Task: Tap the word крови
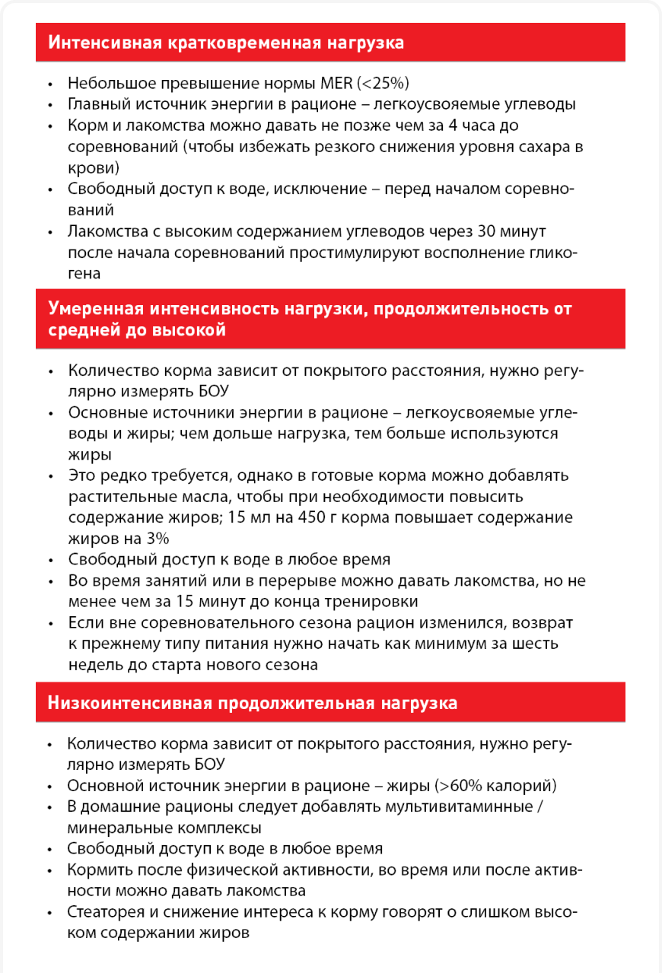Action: (88, 167)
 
